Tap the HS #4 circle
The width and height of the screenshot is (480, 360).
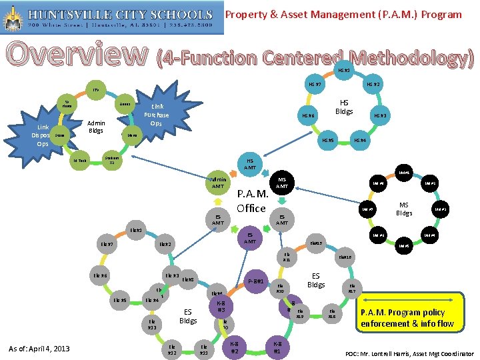360,140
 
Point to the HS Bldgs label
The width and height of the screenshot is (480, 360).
345,107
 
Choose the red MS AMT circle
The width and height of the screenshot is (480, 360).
282,182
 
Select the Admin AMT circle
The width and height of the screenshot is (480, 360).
218,183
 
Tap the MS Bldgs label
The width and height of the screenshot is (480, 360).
404,210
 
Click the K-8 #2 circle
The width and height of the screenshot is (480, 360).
235,347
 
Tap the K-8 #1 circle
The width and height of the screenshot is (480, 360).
277,347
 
